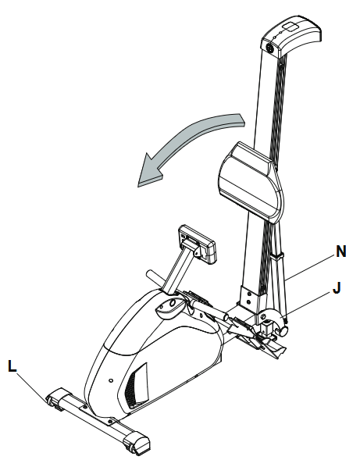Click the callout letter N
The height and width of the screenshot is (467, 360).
point(341,251)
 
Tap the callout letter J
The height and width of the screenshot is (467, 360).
point(337,287)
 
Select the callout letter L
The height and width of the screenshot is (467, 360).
point(12,366)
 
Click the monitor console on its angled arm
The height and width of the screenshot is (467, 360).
point(197,244)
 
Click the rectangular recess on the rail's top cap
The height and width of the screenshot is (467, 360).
point(291,27)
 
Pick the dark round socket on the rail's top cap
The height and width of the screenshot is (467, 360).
point(269,48)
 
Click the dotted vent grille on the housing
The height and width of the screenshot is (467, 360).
point(134,390)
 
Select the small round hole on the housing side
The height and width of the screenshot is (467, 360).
point(111,380)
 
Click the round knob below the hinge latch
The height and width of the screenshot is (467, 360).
point(283,331)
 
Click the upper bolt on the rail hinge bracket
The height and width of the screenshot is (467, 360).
point(248,294)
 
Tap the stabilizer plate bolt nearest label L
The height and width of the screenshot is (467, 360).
point(85,406)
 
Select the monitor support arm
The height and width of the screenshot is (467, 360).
point(178,270)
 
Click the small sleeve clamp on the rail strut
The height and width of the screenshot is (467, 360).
point(277,256)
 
